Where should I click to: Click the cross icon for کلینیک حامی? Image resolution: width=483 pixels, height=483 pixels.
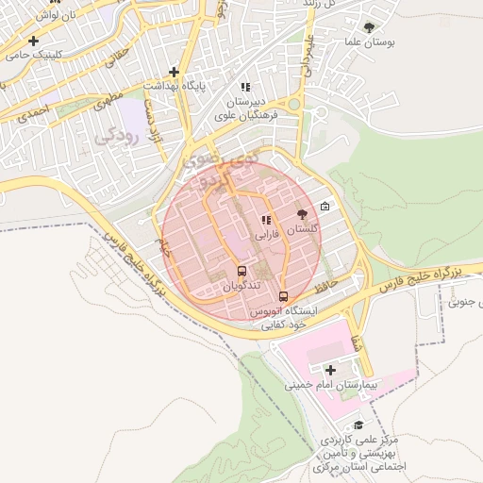pyautogui.click(x=34, y=41)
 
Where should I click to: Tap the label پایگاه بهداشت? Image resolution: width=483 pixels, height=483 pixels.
pyautogui.click(x=174, y=86)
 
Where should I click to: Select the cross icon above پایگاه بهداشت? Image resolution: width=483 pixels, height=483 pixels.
pyautogui.click(x=174, y=72)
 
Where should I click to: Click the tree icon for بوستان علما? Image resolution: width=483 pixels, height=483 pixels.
pyautogui.click(x=368, y=28)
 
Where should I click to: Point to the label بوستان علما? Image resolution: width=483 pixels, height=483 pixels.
pyautogui.click(x=368, y=43)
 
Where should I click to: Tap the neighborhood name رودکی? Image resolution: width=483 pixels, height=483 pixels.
pyautogui.click(x=117, y=136)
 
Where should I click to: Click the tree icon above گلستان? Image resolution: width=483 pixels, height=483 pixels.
pyautogui.click(x=302, y=215)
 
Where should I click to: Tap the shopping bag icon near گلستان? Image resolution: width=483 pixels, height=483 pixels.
pyautogui.click(x=325, y=207)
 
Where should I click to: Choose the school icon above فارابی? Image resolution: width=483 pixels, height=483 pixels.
pyautogui.click(x=265, y=221)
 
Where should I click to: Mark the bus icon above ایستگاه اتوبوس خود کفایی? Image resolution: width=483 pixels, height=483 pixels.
pyautogui.click(x=284, y=294)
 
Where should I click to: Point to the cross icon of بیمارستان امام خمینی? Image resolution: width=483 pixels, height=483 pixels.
pyautogui.click(x=329, y=370)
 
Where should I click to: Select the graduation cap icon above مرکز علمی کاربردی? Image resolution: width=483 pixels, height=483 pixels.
pyautogui.click(x=358, y=425)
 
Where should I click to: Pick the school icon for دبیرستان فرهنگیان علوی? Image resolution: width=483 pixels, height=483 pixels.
pyautogui.click(x=246, y=87)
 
